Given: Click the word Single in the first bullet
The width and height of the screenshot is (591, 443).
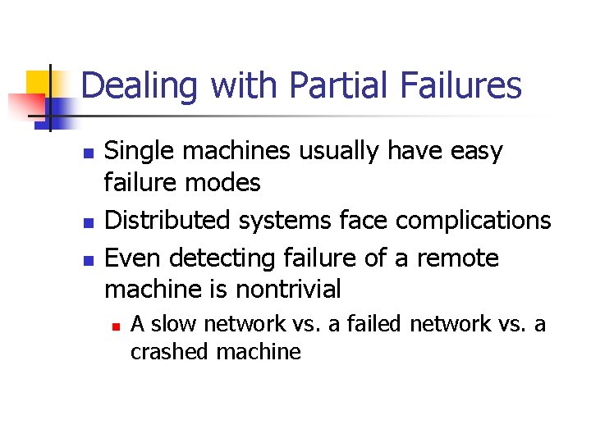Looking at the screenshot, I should click(x=135, y=152).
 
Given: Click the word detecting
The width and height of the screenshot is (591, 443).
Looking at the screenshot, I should click(x=213, y=258).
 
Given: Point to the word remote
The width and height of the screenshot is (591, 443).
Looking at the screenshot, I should click(x=457, y=258).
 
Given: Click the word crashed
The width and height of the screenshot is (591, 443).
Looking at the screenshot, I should click(x=170, y=352).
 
